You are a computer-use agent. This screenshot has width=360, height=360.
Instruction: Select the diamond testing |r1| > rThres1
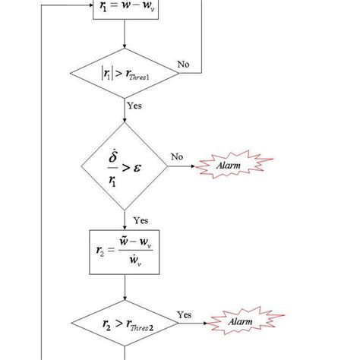tap(124, 74)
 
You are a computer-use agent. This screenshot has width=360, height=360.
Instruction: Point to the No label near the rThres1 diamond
tap(184, 65)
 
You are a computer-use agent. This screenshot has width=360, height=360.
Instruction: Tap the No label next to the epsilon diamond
tap(177, 157)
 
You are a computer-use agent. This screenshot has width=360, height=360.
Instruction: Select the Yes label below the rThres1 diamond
tap(134, 106)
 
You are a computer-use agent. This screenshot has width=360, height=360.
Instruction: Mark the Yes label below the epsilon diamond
tap(140, 220)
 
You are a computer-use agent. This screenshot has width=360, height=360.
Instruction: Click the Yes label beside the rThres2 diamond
tap(185, 314)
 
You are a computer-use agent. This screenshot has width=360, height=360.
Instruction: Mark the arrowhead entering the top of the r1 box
tap(124, 2)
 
